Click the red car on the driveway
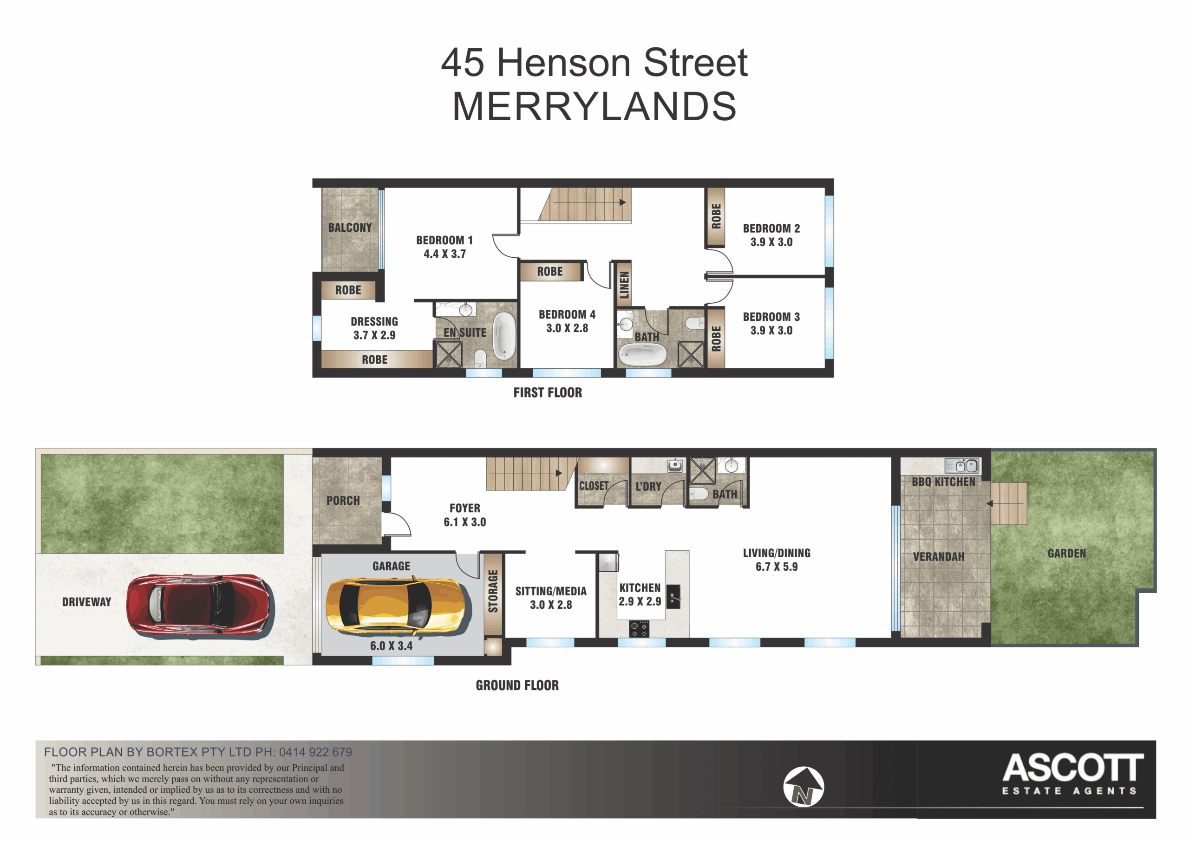200,604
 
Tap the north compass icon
803,787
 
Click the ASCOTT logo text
1073,768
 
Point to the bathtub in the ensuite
504,336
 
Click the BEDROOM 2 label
771,228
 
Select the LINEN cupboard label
624,285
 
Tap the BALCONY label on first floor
350,228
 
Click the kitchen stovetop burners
639,629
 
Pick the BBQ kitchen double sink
962,466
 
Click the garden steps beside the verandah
1008,503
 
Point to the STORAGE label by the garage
493,591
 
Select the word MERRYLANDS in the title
594,107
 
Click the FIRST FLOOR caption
548,392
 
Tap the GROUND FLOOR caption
517,685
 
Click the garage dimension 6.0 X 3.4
392,646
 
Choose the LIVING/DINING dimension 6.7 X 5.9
776,567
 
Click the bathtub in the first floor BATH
643,355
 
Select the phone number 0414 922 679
315,752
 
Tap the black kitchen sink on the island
673,597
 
